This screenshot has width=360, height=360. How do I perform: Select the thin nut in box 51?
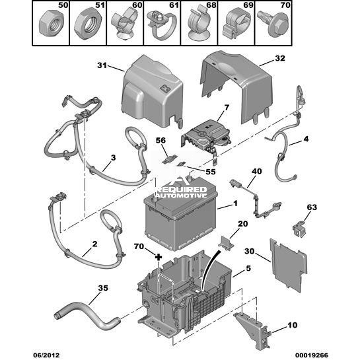pyautogui.click(x=88, y=23)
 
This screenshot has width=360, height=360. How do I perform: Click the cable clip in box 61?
pyautogui.click(x=162, y=24)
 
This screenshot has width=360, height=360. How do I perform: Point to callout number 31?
pyautogui.click(x=102, y=65)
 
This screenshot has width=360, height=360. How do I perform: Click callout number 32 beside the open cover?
pyautogui.click(x=280, y=58)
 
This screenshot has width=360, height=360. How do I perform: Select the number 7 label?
pyautogui.click(x=227, y=108)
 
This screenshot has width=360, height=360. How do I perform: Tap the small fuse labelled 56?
pyautogui.click(x=170, y=160)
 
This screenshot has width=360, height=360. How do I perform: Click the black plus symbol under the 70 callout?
pyautogui.click(x=159, y=257)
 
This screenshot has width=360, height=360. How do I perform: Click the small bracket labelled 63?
pyautogui.click(x=299, y=229)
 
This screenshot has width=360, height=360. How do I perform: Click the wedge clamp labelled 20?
pyautogui.click(x=226, y=243)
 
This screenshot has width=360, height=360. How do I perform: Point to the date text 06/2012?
pyautogui.click(x=46, y=355)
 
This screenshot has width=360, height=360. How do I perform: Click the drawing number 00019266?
pyautogui.click(x=312, y=355)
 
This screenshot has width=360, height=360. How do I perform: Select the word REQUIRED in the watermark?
pyautogui.click(x=182, y=190)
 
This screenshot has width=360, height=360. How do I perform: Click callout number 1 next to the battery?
pyautogui.click(x=235, y=203)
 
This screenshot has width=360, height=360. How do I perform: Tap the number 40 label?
pyautogui.click(x=257, y=171)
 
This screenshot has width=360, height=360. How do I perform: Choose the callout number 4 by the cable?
pyautogui.click(x=306, y=139)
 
